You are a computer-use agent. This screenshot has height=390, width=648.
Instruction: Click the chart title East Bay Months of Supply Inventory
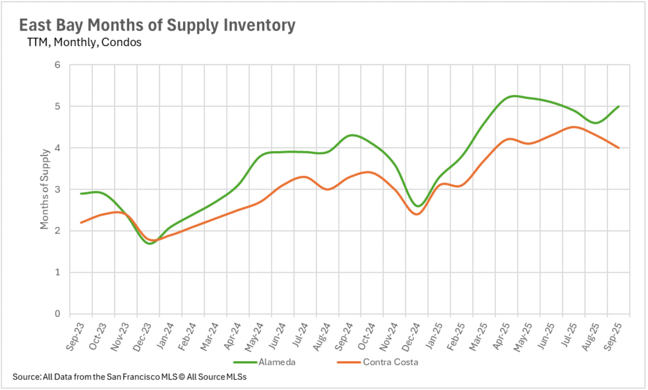[x=157, y=25]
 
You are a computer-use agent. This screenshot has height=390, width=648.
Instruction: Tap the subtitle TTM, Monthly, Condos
[x=84, y=42]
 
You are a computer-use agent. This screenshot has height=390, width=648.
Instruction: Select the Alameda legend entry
[x=277, y=362]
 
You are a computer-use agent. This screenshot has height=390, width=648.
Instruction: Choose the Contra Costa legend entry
[x=390, y=362]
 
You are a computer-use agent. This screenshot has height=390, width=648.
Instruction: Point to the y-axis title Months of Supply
[x=44, y=189]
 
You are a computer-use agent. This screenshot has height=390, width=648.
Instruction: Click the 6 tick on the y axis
[x=58, y=65]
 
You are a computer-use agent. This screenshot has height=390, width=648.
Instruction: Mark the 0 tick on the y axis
[x=58, y=314]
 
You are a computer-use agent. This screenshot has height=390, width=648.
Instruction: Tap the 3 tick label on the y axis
[x=58, y=189]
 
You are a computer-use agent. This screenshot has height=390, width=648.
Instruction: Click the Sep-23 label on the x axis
[x=75, y=337]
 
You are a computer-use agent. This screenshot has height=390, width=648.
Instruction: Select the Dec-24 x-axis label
[x=411, y=337]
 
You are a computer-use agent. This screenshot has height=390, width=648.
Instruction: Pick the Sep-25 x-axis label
[x=613, y=337]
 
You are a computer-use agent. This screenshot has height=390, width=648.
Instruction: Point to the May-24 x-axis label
[x=253, y=337]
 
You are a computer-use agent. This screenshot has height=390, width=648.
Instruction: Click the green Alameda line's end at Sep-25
[x=619, y=106]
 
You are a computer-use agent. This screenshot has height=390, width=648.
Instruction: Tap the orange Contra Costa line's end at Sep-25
[x=619, y=148]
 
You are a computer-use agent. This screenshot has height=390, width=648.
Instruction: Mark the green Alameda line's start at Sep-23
[x=81, y=193]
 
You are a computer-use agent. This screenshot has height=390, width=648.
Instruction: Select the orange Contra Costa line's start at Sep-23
[x=81, y=223]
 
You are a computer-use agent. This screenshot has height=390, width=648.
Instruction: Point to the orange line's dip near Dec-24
[x=417, y=214]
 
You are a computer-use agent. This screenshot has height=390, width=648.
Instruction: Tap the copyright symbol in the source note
[x=182, y=377]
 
